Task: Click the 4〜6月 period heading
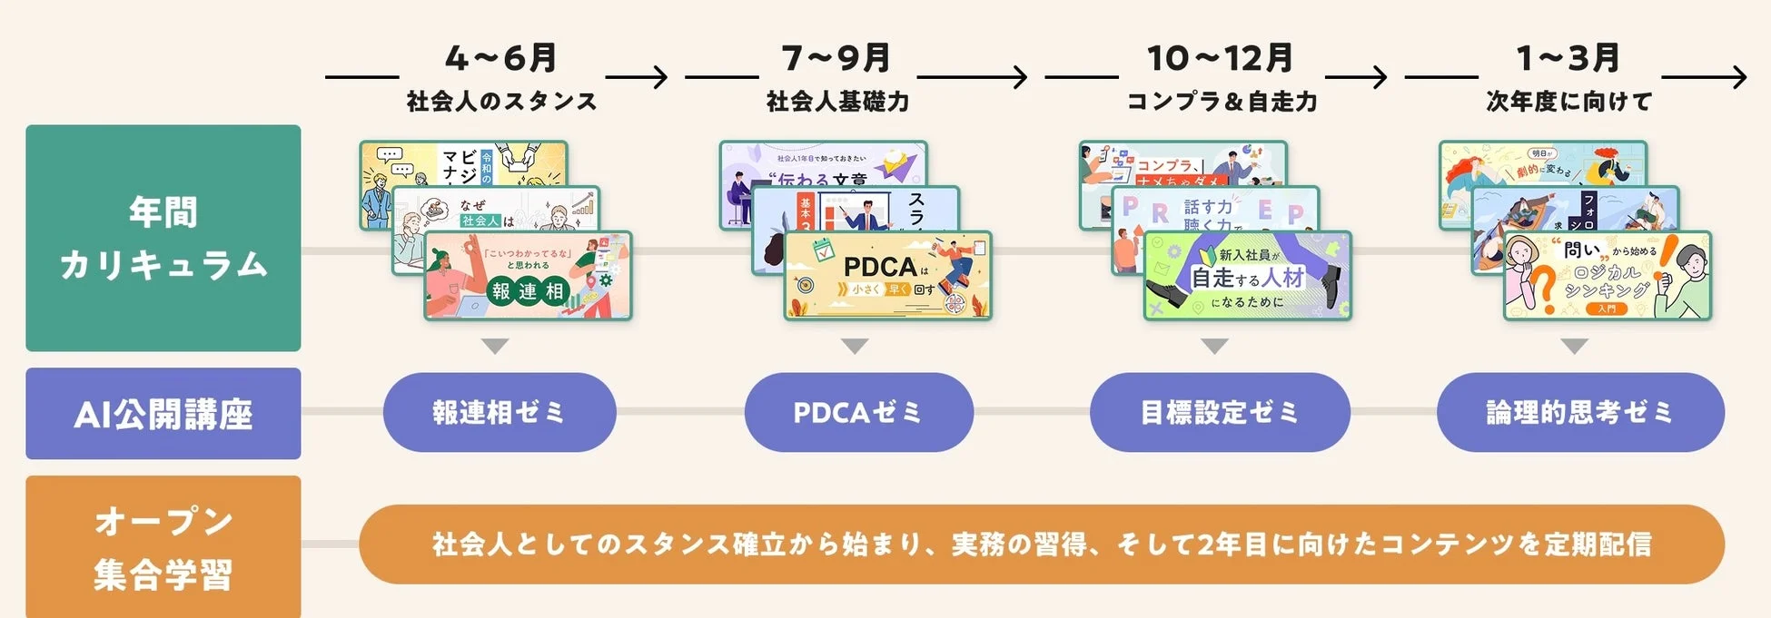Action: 500,58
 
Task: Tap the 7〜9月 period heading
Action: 836,58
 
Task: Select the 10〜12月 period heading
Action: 1220,58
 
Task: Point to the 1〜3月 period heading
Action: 1568,58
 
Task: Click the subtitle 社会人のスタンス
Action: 501,101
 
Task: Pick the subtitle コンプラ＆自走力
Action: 1222,101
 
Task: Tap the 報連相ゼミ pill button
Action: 500,412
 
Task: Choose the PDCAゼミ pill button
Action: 858,412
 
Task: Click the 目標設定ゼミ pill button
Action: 1219,412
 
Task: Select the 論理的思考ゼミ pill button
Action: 1579,412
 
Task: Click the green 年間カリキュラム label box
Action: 163,238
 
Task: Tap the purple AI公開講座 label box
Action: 163,414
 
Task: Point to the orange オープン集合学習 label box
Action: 163,547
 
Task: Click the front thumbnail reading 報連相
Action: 528,276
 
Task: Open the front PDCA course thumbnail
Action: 887,276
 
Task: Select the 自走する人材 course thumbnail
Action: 1247,276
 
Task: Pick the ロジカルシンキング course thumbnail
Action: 1607,276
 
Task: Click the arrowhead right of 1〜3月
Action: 1738,77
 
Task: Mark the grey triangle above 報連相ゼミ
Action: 495,346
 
